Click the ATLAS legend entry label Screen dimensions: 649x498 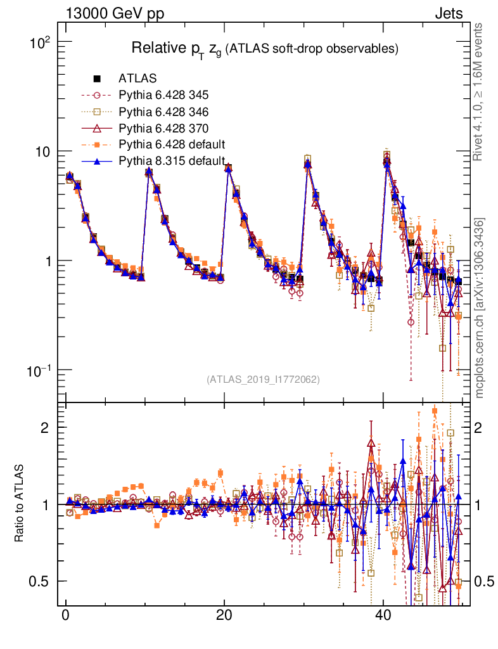tap(137, 79)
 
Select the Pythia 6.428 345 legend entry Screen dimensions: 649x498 tap(163, 96)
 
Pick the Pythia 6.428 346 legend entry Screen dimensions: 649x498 tap(163, 112)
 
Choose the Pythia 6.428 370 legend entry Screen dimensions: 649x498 tap(163, 128)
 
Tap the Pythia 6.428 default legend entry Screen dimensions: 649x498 tap(172, 144)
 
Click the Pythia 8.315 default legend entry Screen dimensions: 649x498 tap(172, 160)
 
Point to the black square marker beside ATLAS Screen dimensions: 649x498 tap(97, 79)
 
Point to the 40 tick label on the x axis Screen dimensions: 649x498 tap(382, 616)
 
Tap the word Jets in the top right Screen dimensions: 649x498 tap(448, 13)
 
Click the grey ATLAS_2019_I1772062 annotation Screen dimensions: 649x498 tap(263, 380)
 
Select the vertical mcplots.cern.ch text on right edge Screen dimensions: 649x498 tap(480, 307)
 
